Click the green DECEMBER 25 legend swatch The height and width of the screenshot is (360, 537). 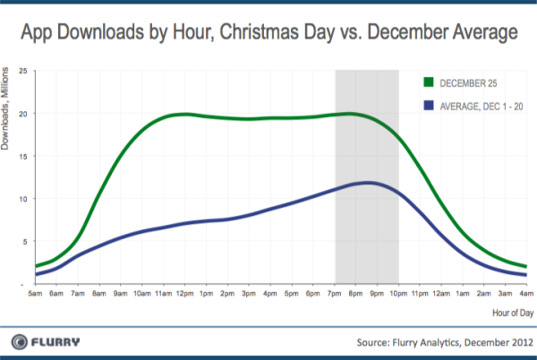(429, 82)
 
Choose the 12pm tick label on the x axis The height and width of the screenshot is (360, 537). (185, 293)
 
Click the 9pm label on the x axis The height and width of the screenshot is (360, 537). (374, 293)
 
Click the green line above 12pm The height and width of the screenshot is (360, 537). (185, 115)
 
